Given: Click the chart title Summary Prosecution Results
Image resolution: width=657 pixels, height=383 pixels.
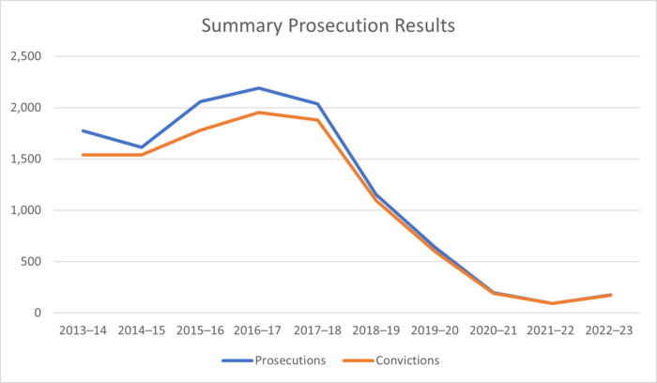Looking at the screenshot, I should (328, 25).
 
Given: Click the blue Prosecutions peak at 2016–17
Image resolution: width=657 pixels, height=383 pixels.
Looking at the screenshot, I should (258, 88).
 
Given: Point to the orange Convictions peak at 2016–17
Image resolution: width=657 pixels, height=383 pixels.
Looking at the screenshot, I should (258, 113).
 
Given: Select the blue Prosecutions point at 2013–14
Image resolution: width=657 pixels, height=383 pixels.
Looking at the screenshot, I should (83, 130).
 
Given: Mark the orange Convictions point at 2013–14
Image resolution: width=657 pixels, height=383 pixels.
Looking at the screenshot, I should (83, 155).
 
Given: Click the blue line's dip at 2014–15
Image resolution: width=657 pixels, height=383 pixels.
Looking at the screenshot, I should (141, 147).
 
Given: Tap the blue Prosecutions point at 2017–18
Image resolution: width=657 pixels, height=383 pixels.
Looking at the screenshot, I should (317, 104).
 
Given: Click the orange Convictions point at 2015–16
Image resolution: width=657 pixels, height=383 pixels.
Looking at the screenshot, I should (200, 130).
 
